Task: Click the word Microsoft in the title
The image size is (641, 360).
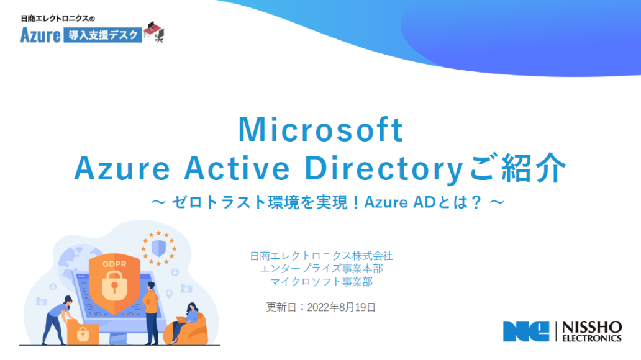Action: coord(321,130)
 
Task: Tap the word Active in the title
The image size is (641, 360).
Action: coord(237,168)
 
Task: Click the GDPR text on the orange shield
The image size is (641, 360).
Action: coord(114,264)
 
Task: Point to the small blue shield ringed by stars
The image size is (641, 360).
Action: coord(158,248)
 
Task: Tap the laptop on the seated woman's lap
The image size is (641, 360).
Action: coord(181,320)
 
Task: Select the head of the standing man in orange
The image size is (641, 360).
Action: coord(152,286)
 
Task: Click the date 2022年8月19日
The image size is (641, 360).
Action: coord(342,307)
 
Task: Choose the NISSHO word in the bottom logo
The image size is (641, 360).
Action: coord(592,328)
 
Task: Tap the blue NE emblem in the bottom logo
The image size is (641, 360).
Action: coord(526,331)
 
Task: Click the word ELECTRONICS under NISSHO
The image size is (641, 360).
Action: coord(592,338)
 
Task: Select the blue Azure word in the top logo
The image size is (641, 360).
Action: coord(40,35)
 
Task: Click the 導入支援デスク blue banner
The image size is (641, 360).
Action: coord(102,35)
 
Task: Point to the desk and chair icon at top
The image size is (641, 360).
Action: coord(154,32)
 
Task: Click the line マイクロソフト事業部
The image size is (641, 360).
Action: coord(321,282)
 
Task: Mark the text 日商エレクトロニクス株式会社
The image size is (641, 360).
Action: coord(321,256)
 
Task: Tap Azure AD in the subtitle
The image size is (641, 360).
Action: coord(399,202)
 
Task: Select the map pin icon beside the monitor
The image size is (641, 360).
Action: coord(169,294)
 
